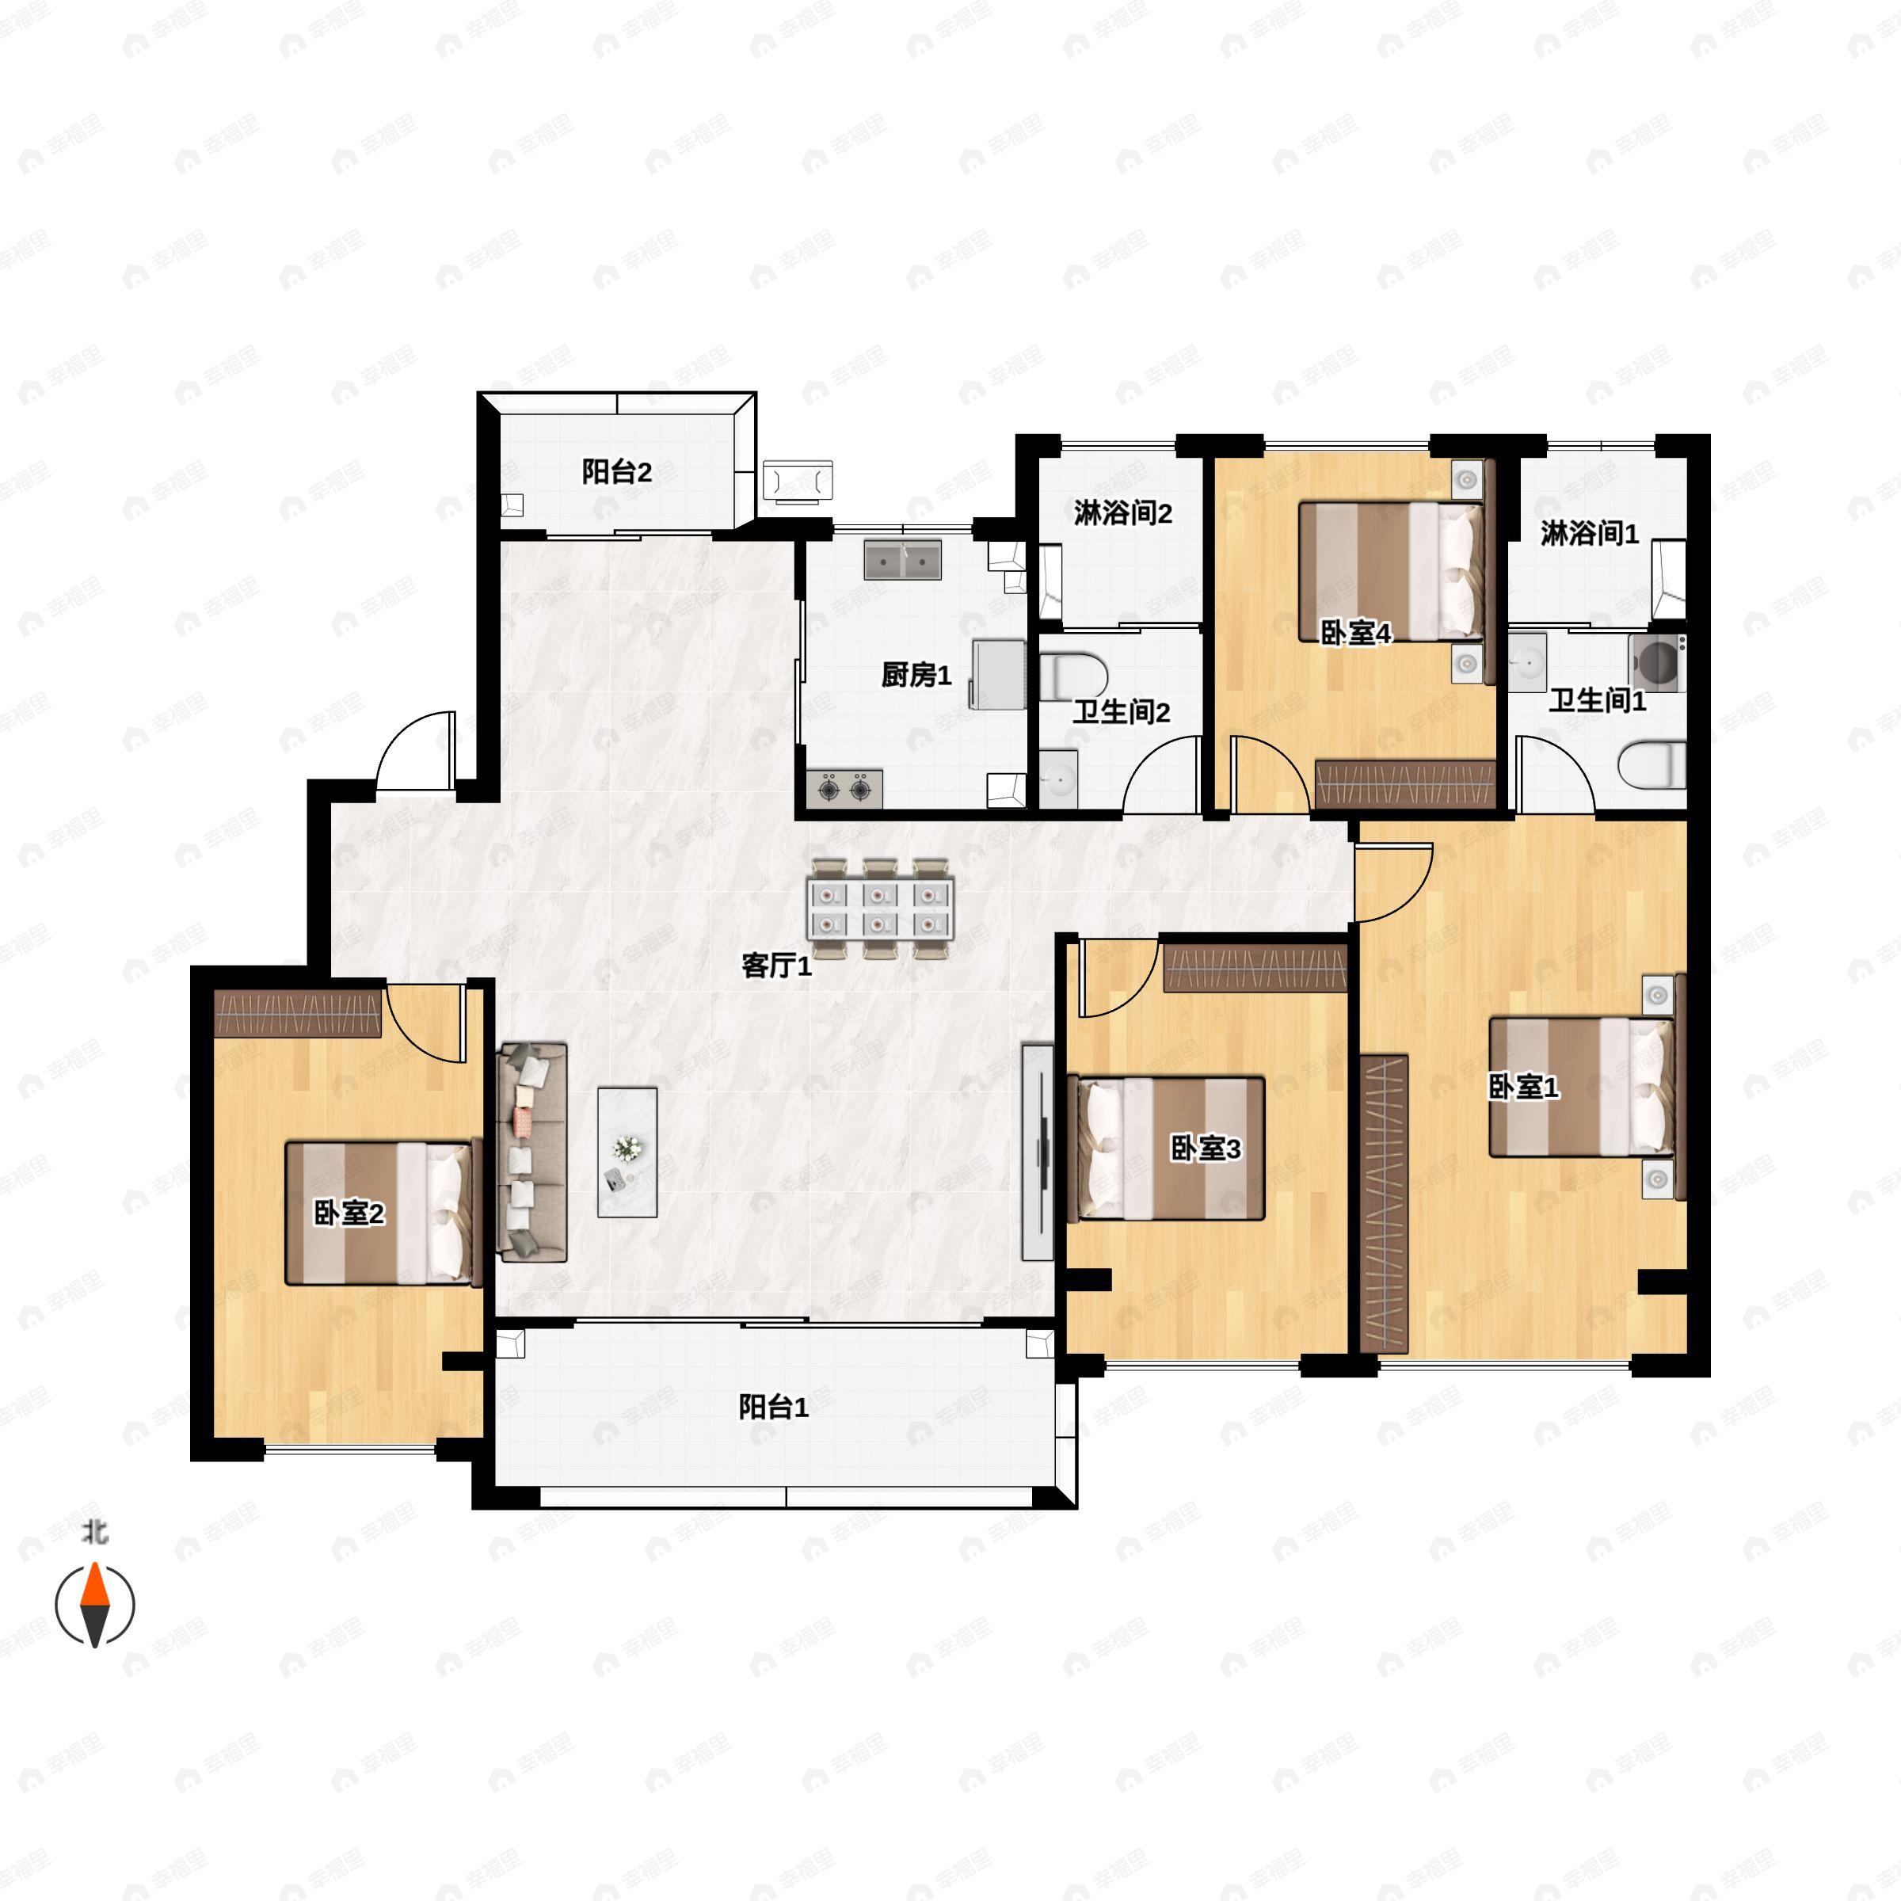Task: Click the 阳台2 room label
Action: click(617, 472)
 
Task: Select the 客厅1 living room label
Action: click(776, 966)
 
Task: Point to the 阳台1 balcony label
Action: click(773, 1407)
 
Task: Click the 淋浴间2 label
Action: click(1122, 512)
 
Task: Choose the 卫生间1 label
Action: click(1597, 700)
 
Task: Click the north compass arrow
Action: click(94, 1605)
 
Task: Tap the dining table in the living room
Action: click(880, 909)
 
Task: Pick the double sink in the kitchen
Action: click(902, 559)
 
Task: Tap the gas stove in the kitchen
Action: click(844, 788)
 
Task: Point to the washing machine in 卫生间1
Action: click(1658, 661)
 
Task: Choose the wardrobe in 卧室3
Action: click(1255, 967)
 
